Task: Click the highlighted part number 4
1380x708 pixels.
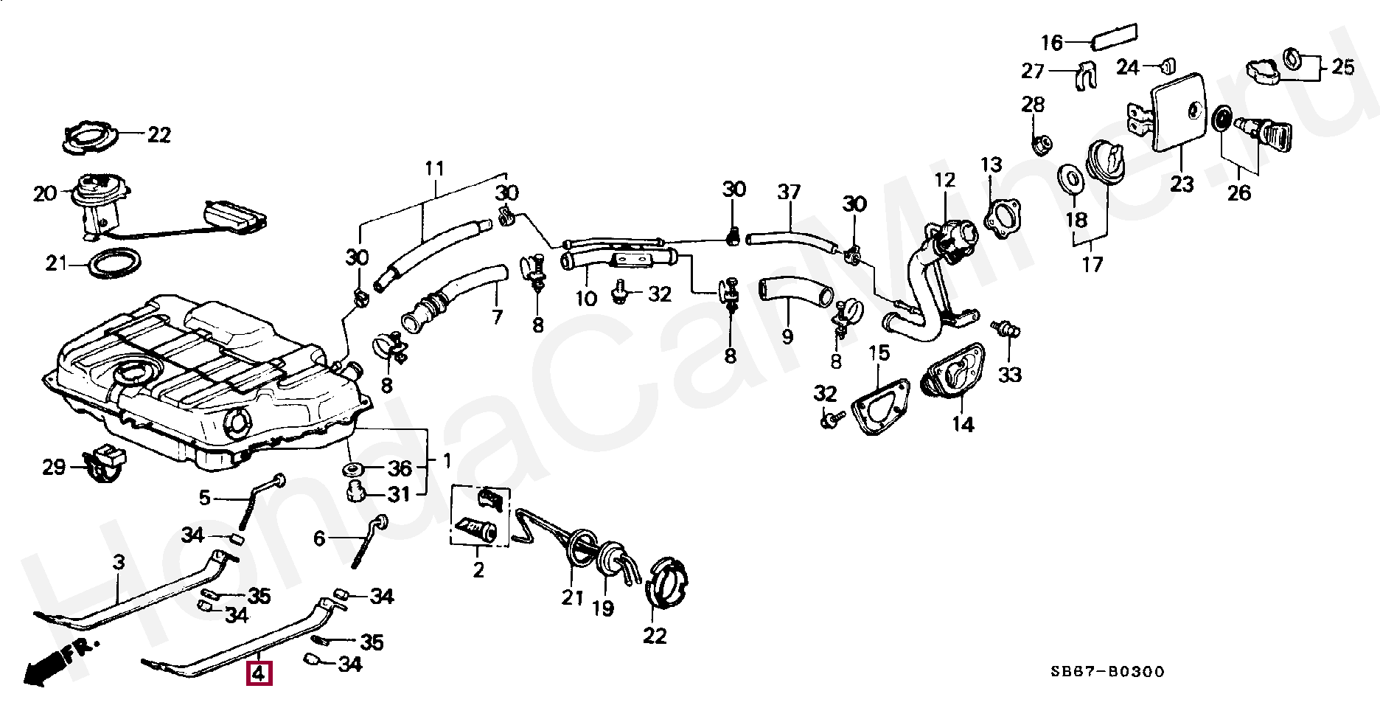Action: point(259,674)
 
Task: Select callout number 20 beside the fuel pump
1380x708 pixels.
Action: point(45,194)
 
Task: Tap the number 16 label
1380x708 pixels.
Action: point(1052,43)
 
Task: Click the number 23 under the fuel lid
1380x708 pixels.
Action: point(1181,184)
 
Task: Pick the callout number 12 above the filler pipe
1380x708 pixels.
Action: point(944,180)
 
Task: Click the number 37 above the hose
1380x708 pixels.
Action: point(788,192)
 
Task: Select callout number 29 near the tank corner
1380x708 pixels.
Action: point(54,468)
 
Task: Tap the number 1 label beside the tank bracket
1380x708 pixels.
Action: point(446,461)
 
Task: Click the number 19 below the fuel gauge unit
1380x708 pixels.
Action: point(603,610)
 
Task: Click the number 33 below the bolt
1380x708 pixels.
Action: point(1010,375)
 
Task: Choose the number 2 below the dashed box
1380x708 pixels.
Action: point(478,569)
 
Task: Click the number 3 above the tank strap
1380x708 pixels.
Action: point(118,563)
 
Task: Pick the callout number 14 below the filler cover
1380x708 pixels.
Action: point(963,424)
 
